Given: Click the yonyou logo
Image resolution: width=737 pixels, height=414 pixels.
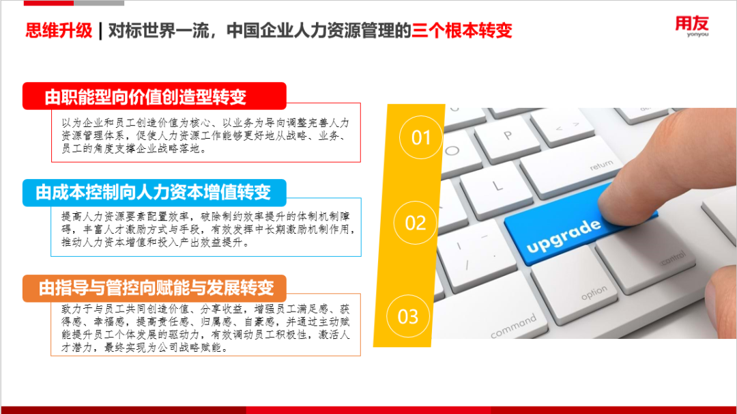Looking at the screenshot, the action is coord(692,26).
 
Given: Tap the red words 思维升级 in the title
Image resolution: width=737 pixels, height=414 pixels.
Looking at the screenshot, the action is coord(59,31).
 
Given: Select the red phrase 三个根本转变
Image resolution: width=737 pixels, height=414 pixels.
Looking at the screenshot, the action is coord(461,31).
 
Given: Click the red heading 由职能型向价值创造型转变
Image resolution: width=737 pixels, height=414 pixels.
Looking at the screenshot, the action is coord(146,97).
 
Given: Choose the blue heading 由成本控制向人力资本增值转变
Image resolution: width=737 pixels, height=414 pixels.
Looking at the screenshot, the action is coord(154,192).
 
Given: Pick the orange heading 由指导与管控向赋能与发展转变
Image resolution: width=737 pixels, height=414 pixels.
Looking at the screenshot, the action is coord(156,288).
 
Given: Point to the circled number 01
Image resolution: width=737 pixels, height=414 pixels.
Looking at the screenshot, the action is coord(421,137).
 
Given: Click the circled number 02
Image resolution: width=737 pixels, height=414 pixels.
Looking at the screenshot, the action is coord(416,223).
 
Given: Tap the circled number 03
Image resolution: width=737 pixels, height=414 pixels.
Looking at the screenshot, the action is coord(408,316).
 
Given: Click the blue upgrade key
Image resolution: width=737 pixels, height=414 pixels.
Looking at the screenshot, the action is coord(564,230).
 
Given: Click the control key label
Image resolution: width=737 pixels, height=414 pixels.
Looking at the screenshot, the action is coord(673,258).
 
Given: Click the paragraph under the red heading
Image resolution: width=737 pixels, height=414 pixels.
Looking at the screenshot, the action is coord(205,135).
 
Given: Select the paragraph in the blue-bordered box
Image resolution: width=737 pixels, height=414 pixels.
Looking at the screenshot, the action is coord(207,229).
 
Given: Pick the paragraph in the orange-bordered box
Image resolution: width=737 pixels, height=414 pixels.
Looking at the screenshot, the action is coord(205,329).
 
